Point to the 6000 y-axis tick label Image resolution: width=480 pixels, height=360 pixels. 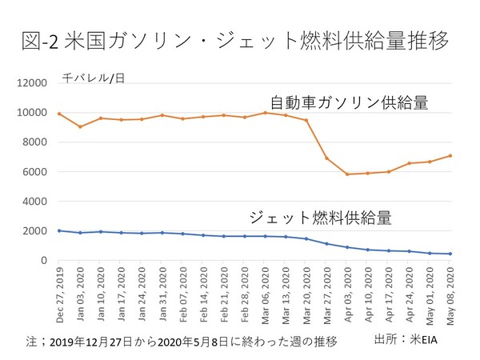[37, 172]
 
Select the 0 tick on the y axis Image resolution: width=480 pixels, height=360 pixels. [46, 261]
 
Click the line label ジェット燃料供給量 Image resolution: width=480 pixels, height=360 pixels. [320, 217]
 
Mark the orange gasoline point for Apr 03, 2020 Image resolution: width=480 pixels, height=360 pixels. [346, 174]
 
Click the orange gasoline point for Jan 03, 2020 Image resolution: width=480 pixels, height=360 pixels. [79, 126]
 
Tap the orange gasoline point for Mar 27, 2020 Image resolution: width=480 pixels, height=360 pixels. [326, 158]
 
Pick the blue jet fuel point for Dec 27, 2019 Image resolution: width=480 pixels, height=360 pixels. [59, 230]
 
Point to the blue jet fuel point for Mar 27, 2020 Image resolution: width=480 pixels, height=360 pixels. [326, 243]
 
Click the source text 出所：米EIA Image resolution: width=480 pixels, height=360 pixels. [409, 340]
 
